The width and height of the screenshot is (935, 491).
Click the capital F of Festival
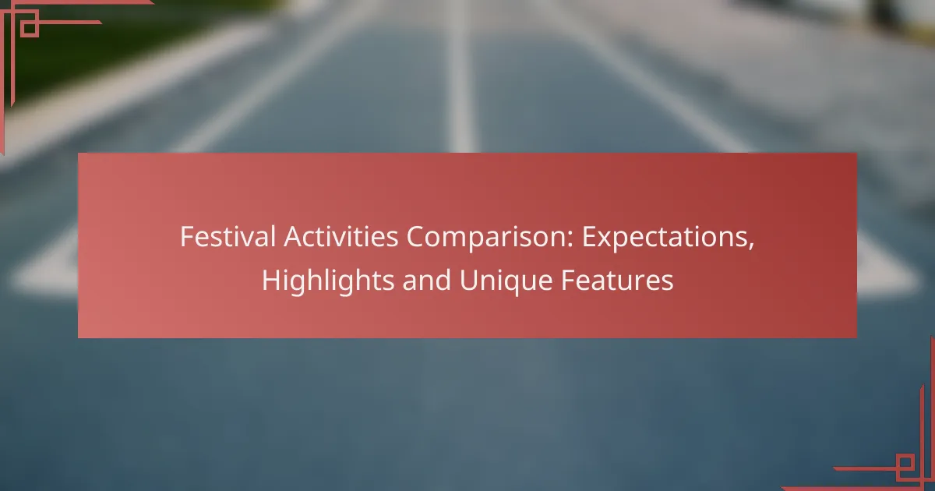point(186,238)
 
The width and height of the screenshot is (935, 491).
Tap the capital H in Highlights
point(270,281)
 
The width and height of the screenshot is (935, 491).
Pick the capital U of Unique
point(467,281)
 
